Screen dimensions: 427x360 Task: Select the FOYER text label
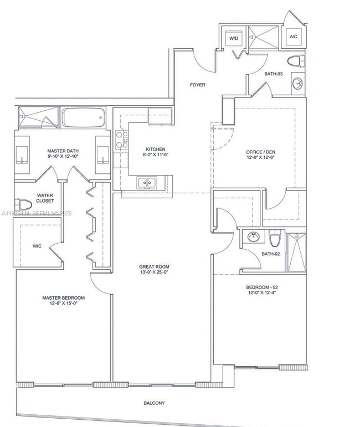[x=198, y=85]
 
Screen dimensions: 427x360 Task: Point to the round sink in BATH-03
[x=298, y=84]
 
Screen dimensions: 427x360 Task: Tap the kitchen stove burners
[x=120, y=141]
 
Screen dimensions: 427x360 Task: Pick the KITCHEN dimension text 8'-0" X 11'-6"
[x=156, y=155]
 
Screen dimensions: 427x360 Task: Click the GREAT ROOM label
[x=154, y=266]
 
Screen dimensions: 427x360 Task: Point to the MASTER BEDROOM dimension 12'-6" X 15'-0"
[x=64, y=303]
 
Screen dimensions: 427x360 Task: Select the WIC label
[x=37, y=245]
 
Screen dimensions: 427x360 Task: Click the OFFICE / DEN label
[x=260, y=152]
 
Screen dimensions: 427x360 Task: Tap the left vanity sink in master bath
[x=22, y=155]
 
